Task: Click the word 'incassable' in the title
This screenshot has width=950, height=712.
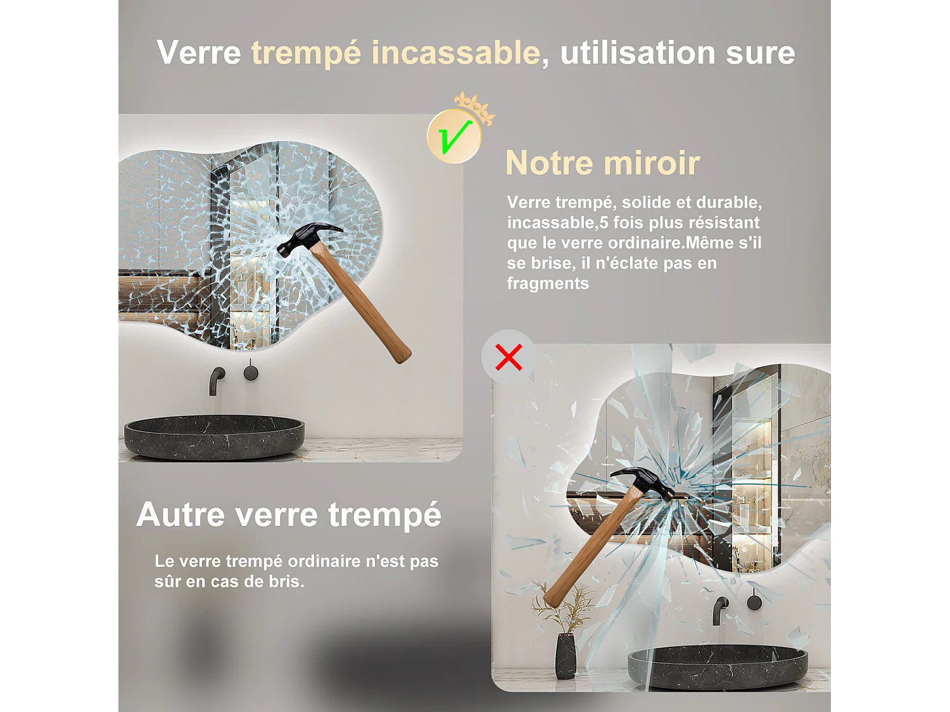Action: [x=455, y=52]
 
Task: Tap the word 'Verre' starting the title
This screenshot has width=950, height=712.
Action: [x=199, y=52]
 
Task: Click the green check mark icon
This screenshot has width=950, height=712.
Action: [x=454, y=136]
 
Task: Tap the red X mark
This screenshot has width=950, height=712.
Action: [x=509, y=357]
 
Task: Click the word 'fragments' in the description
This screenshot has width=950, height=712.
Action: [x=548, y=284]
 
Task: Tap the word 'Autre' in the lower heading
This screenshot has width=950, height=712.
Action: [x=180, y=514]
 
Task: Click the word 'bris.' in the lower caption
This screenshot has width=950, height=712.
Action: [x=286, y=581]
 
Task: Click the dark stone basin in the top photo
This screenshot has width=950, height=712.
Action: [x=214, y=437]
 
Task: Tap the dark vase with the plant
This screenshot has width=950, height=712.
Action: [x=566, y=656]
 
